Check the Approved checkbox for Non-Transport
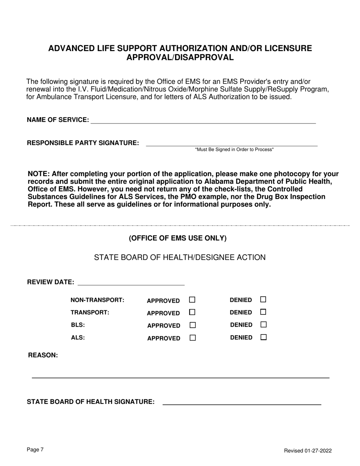[x=192, y=300]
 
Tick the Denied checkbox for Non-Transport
[x=263, y=299]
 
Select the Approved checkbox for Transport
[x=192, y=312]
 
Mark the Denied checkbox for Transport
[x=263, y=312]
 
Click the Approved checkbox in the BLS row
[x=192, y=325]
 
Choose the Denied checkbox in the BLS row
[x=263, y=324]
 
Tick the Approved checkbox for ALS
[x=192, y=338]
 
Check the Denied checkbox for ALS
[x=263, y=337]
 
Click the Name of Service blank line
[x=203, y=120]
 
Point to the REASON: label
[x=43, y=355]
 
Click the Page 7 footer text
[x=35, y=450]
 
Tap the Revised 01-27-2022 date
[x=308, y=450]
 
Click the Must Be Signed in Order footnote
[x=234, y=150]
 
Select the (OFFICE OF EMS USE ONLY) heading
[x=178, y=238]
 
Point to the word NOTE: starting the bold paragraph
[x=39, y=174]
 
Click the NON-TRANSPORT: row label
[x=97, y=300]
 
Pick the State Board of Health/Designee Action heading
[x=180, y=258]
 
